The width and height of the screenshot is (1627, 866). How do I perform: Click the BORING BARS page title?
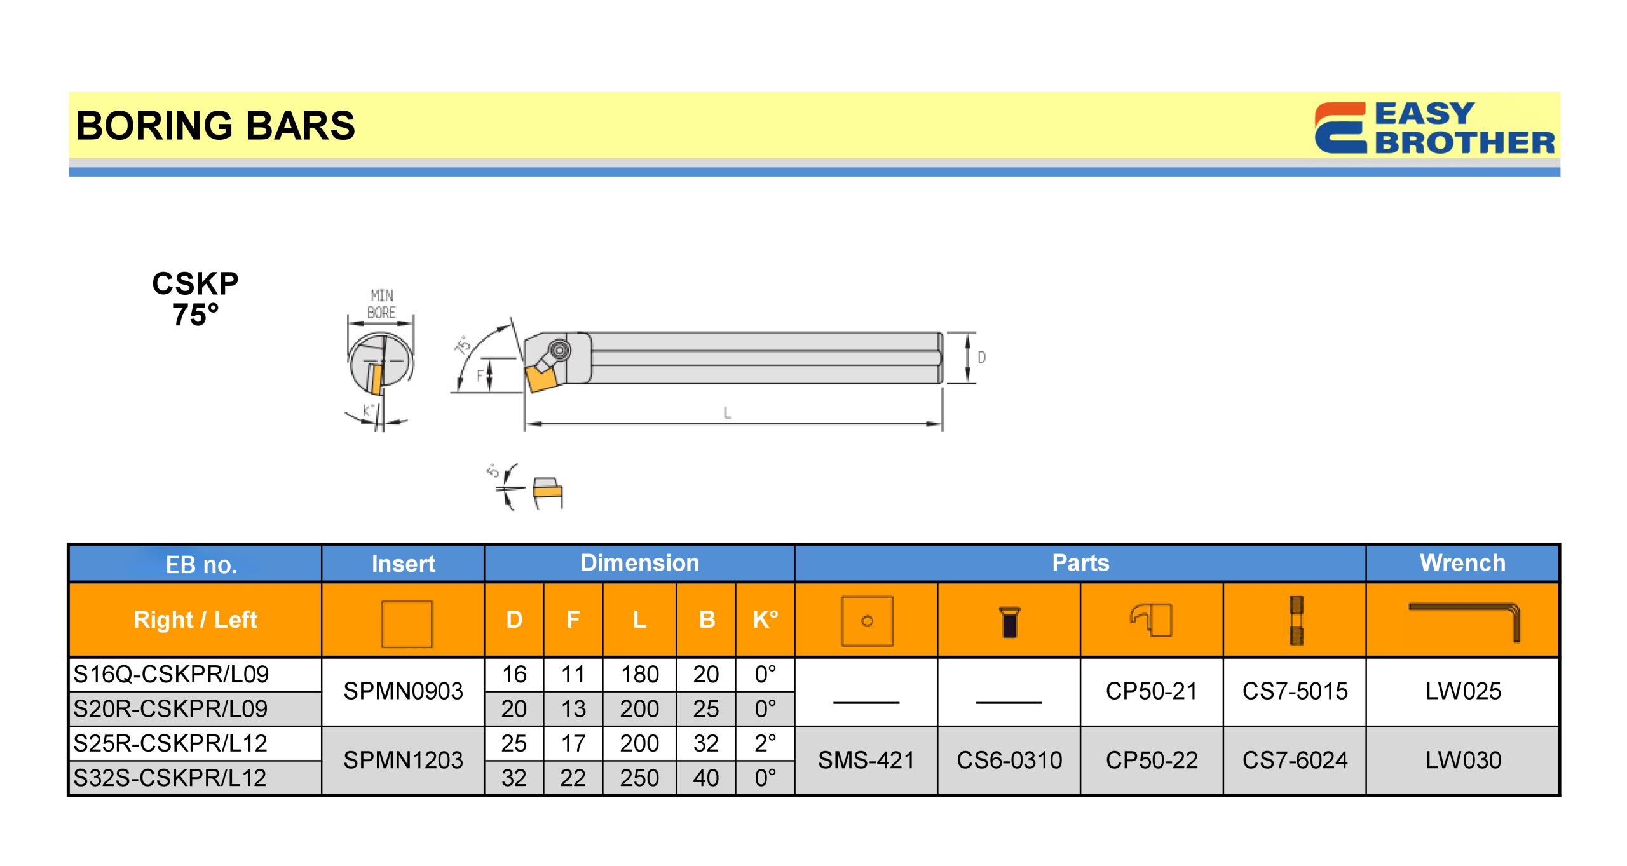(x=215, y=125)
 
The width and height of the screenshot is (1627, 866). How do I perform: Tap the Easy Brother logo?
(x=1434, y=128)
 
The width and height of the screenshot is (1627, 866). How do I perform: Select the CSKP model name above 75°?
(x=195, y=283)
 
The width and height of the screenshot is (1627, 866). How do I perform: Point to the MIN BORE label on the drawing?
(x=381, y=304)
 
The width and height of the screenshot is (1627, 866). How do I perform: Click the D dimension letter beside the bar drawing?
(x=981, y=358)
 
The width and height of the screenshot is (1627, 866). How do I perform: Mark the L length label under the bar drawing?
(x=727, y=413)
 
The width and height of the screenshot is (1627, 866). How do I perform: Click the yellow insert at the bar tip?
(x=540, y=378)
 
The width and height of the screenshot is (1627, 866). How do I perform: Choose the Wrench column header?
(x=1462, y=563)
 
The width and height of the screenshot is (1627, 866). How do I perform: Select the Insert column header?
(x=403, y=564)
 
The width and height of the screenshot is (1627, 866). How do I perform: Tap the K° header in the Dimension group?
(x=765, y=619)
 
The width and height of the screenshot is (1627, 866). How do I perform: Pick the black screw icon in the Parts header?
(x=1009, y=621)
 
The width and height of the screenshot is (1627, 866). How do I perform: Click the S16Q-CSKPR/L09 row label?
(x=171, y=674)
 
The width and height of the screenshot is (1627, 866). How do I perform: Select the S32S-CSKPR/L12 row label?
(x=170, y=778)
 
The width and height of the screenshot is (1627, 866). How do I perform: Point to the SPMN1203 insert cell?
(x=403, y=760)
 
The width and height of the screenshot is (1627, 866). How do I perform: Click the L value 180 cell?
(x=639, y=674)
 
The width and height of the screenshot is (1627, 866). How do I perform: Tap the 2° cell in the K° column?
(x=765, y=743)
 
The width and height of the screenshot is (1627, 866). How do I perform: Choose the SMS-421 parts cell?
(x=866, y=760)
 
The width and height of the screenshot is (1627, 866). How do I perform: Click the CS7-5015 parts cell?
(x=1295, y=691)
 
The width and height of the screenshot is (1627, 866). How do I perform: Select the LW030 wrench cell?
(x=1462, y=760)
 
